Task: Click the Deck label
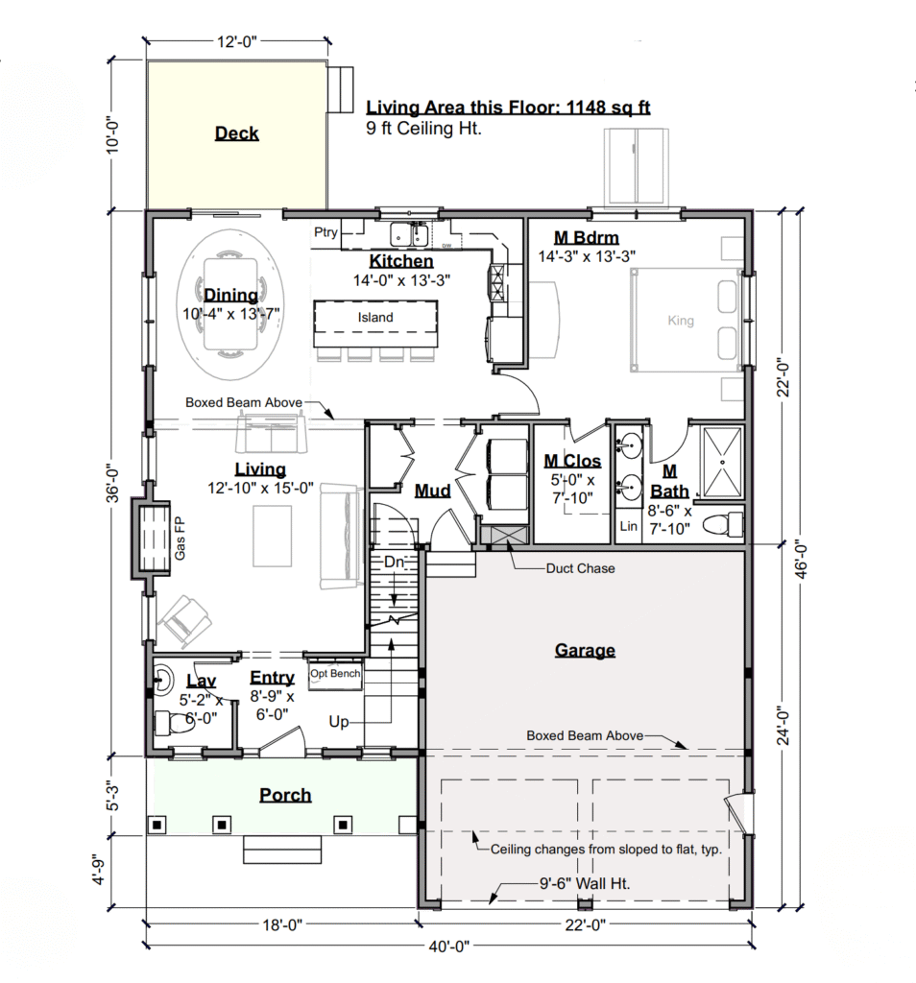236,132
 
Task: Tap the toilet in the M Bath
722,524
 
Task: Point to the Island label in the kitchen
375,317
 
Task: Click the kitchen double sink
409,235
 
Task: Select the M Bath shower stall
722,462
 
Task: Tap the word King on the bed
680,321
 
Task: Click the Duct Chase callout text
580,568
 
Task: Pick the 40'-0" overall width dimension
449,946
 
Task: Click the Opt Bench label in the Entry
335,673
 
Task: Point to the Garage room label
585,650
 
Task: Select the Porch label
285,795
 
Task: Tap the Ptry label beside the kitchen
325,232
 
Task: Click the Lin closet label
628,527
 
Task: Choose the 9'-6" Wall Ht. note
585,883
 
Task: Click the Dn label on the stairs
394,562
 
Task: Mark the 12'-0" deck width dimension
237,42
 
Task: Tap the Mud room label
433,491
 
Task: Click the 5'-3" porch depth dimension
113,796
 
